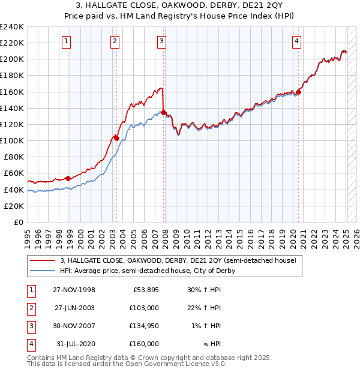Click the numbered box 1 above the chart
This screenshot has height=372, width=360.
coord(65,41)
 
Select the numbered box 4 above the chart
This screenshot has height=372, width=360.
coord(296,41)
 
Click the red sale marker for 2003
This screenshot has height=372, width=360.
coord(116,138)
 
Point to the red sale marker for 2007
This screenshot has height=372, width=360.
coord(164,112)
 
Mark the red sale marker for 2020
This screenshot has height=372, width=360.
coord(298,92)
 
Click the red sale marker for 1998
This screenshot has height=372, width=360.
coord(68,178)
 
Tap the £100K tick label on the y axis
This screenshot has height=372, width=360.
coord(12,140)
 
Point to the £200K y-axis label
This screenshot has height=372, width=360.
coord(12,59)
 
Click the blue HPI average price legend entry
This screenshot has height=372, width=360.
coord(148,271)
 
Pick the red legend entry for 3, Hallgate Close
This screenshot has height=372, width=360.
coord(178,260)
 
